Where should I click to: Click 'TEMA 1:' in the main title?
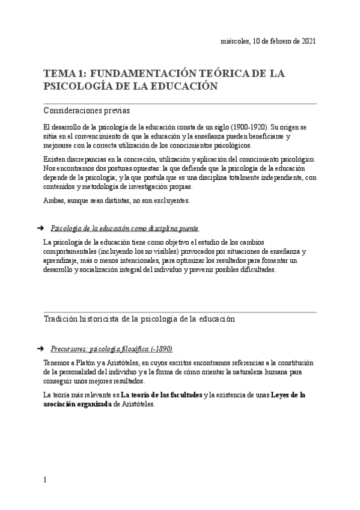(x=64, y=73)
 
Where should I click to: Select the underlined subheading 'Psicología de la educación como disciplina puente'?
(x=125, y=229)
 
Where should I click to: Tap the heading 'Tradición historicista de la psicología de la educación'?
(x=139, y=319)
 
